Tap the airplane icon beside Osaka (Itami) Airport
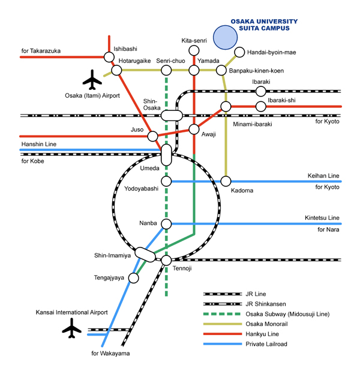point(92,79)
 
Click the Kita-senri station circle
point(194,50)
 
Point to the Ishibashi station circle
point(109,57)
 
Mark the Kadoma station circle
point(226,181)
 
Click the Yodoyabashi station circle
point(167,181)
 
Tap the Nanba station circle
point(167,224)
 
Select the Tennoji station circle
point(167,260)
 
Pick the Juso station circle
point(153,136)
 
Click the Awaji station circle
point(194,129)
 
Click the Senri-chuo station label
point(171,61)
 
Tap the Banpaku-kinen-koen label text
point(257,71)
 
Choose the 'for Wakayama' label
point(110,353)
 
